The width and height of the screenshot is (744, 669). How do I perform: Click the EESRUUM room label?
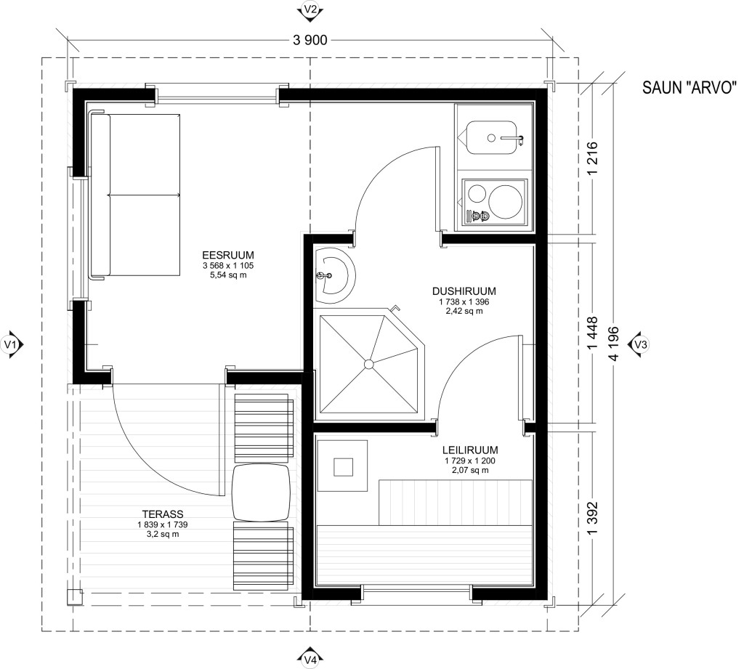227,255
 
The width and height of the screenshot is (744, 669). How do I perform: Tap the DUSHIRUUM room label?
464,291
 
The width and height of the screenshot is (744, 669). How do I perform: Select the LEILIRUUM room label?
470,450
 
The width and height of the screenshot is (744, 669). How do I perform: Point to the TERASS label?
163,514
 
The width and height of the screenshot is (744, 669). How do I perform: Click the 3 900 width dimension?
310,41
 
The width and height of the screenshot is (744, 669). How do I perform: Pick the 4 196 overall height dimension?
615,344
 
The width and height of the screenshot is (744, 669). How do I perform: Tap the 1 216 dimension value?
593,159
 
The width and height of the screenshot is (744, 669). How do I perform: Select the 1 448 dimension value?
593,334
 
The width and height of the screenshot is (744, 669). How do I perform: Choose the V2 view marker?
310,10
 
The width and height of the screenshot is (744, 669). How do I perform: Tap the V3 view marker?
639,344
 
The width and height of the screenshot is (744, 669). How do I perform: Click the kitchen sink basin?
490,137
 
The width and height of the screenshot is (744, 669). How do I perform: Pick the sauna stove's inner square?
343,467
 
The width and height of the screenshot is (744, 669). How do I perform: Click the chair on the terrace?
261,493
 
